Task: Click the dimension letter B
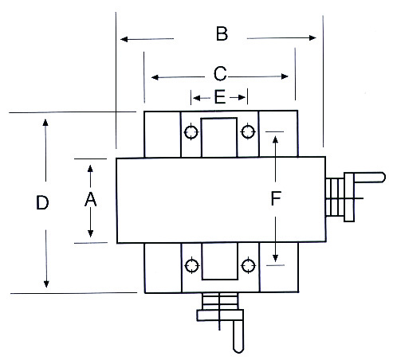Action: tap(222, 33)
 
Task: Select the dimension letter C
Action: tap(220, 73)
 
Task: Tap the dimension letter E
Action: tap(220, 96)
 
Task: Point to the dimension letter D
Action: tap(42, 202)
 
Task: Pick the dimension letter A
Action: tap(90, 199)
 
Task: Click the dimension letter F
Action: tap(276, 198)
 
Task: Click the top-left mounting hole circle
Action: tap(191, 132)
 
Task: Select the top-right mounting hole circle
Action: tap(248, 131)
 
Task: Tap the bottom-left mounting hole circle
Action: tap(191, 265)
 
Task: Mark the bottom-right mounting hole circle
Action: tap(248, 265)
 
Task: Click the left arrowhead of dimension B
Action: tap(124, 40)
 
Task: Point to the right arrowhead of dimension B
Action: tap(312, 37)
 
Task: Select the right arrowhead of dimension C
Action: tap(285, 76)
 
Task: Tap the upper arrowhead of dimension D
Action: tap(45, 123)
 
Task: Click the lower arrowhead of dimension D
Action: tap(46, 284)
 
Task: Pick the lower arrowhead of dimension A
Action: tap(90, 233)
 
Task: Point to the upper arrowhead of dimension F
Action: tap(276, 139)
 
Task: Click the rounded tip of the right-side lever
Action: tap(383, 178)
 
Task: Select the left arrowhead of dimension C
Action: tap(155, 77)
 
